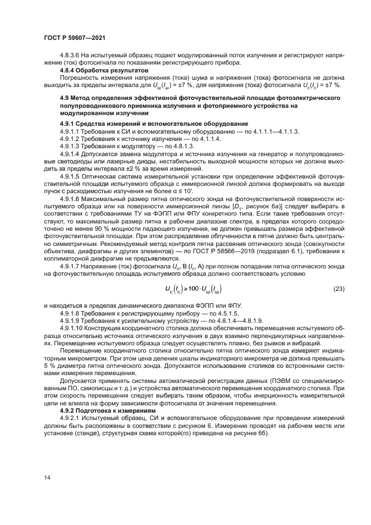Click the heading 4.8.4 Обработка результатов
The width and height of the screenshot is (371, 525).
[104, 71]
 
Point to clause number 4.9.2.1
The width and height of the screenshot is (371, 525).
[70, 419]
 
